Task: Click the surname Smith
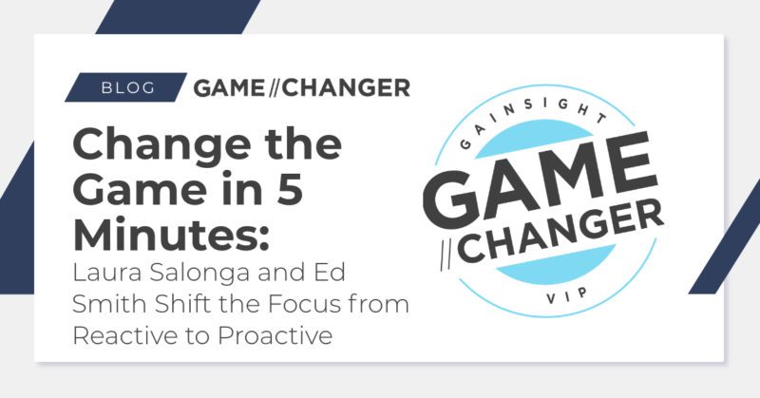click(102, 303)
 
